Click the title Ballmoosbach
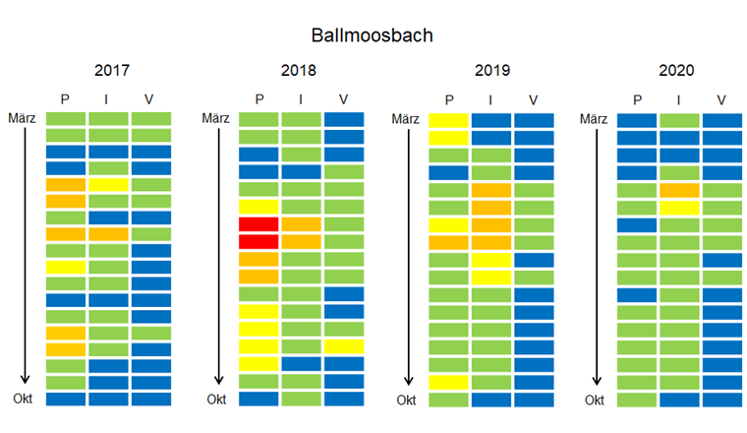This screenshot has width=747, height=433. coord(373,35)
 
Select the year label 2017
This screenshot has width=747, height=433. coord(112,71)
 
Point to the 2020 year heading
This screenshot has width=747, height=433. coord(677,71)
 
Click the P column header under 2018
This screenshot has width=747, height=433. coord(259,99)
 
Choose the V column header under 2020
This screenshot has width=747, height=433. coord(721,99)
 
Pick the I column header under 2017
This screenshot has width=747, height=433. coord(108,99)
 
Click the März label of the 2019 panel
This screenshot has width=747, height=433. coord(405,119)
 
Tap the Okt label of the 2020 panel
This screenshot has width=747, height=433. coord(594,400)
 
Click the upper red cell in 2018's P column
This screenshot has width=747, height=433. coord(259,224)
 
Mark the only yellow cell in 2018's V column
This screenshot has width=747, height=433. coord(343,346)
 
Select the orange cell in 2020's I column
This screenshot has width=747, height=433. coord(679,190)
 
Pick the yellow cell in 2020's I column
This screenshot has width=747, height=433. coord(679,208)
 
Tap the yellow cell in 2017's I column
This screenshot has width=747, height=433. coord(108,184)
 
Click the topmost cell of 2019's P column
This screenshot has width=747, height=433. coord(448,120)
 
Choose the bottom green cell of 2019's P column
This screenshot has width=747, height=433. coord(448,400)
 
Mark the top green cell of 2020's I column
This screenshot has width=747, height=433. coord(679,120)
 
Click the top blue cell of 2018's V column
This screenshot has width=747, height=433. coord(343,120)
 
